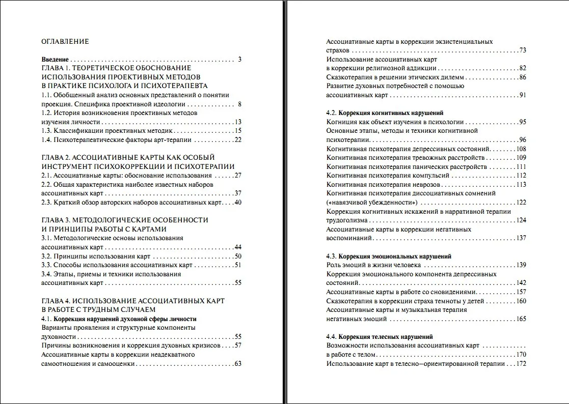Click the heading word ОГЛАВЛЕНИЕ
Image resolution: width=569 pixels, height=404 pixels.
click(x=65, y=42)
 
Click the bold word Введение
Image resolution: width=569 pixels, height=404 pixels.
click(x=55, y=60)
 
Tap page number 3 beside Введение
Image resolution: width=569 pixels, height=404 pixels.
click(x=239, y=60)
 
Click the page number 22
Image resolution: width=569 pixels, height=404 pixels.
click(x=237, y=139)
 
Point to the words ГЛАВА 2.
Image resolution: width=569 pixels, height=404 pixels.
click(x=56, y=158)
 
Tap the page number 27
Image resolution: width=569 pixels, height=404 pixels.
click(x=237, y=176)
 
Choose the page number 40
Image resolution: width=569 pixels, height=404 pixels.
click(x=237, y=203)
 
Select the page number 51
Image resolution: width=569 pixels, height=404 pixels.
click(x=237, y=265)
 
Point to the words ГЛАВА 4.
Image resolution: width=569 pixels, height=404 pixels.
click(x=56, y=301)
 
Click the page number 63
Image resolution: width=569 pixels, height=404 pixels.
click(x=237, y=364)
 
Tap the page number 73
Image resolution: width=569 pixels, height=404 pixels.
click(x=522, y=50)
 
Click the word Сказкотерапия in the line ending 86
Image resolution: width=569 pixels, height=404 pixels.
click(x=349, y=77)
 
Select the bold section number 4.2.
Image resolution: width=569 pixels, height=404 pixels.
click(x=332, y=113)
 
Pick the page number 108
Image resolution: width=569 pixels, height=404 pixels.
click(x=521, y=149)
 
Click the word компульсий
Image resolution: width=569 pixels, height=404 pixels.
click(x=431, y=176)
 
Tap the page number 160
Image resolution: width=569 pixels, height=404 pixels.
click(x=521, y=301)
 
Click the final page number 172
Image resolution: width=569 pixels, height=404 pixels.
click(x=521, y=363)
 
